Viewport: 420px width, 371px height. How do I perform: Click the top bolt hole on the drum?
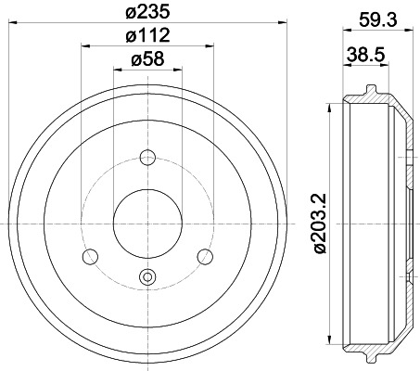(x=147, y=157)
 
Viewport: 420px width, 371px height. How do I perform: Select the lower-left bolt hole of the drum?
(x=91, y=255)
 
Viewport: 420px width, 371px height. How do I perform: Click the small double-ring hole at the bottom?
(x=147, y=275)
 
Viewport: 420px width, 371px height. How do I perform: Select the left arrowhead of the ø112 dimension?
(x=83, y=45)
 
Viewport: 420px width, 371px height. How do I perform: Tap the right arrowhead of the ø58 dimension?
(x=179, y=69)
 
